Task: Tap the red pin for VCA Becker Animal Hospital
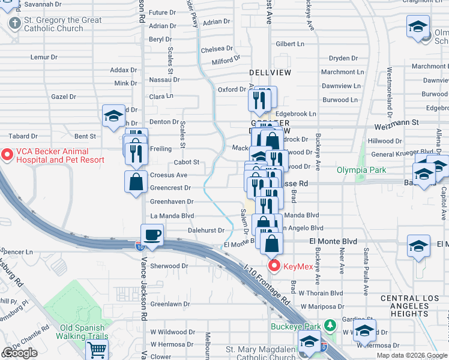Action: pos(8,155)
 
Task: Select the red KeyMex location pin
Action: pos(275,265)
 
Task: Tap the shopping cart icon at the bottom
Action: pos(97,350)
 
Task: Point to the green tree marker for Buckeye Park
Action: pos(329,326)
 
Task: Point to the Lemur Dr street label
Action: pos(44,58)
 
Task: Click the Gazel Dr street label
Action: pos(64,97)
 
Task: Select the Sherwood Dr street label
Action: pos(169,266)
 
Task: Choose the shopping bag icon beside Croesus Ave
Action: pos(136,182)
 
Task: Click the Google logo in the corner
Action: pos(19,353)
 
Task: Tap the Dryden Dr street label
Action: pos(343,58)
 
